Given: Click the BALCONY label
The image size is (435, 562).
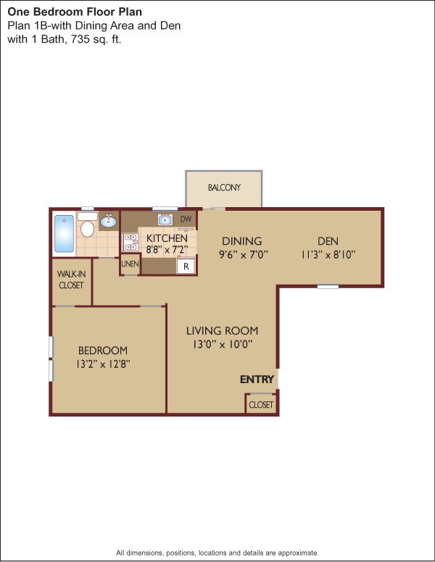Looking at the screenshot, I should click(x=224, y=188).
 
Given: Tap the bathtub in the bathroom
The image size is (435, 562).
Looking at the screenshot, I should click(x=64, y=232).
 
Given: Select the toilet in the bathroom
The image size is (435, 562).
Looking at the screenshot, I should click(x=88, y=230).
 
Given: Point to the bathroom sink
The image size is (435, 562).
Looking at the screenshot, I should click(x=109, y=222).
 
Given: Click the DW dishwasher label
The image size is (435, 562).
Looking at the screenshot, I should click(x=186, y=219).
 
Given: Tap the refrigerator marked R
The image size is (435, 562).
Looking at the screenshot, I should click(x=186, y=267).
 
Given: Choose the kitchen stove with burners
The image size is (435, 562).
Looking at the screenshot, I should click(x=131, y=242).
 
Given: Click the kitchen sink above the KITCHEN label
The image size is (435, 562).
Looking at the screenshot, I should click(x=164, y=219).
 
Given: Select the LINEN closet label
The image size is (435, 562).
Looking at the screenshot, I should click(x=130, y=264).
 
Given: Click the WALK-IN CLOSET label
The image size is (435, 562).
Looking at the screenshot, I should click(x=71, y=280).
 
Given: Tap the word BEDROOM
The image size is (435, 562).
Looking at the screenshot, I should click(x=104, y=351).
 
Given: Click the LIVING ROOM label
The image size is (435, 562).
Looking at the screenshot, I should click(x=222, y=331).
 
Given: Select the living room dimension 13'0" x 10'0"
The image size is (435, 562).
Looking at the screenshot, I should click(x=222, y=345).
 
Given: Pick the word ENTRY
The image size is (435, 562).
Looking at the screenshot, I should click(x=257, y=379).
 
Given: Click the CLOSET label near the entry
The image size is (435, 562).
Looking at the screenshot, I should click(x=261, y=405).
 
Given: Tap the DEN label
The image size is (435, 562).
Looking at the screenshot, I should click(x=328, y=241).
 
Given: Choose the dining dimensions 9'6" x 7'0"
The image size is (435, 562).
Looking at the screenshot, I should click(x=244, y=254).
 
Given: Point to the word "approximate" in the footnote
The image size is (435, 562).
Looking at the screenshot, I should click(x=296, y=553).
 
